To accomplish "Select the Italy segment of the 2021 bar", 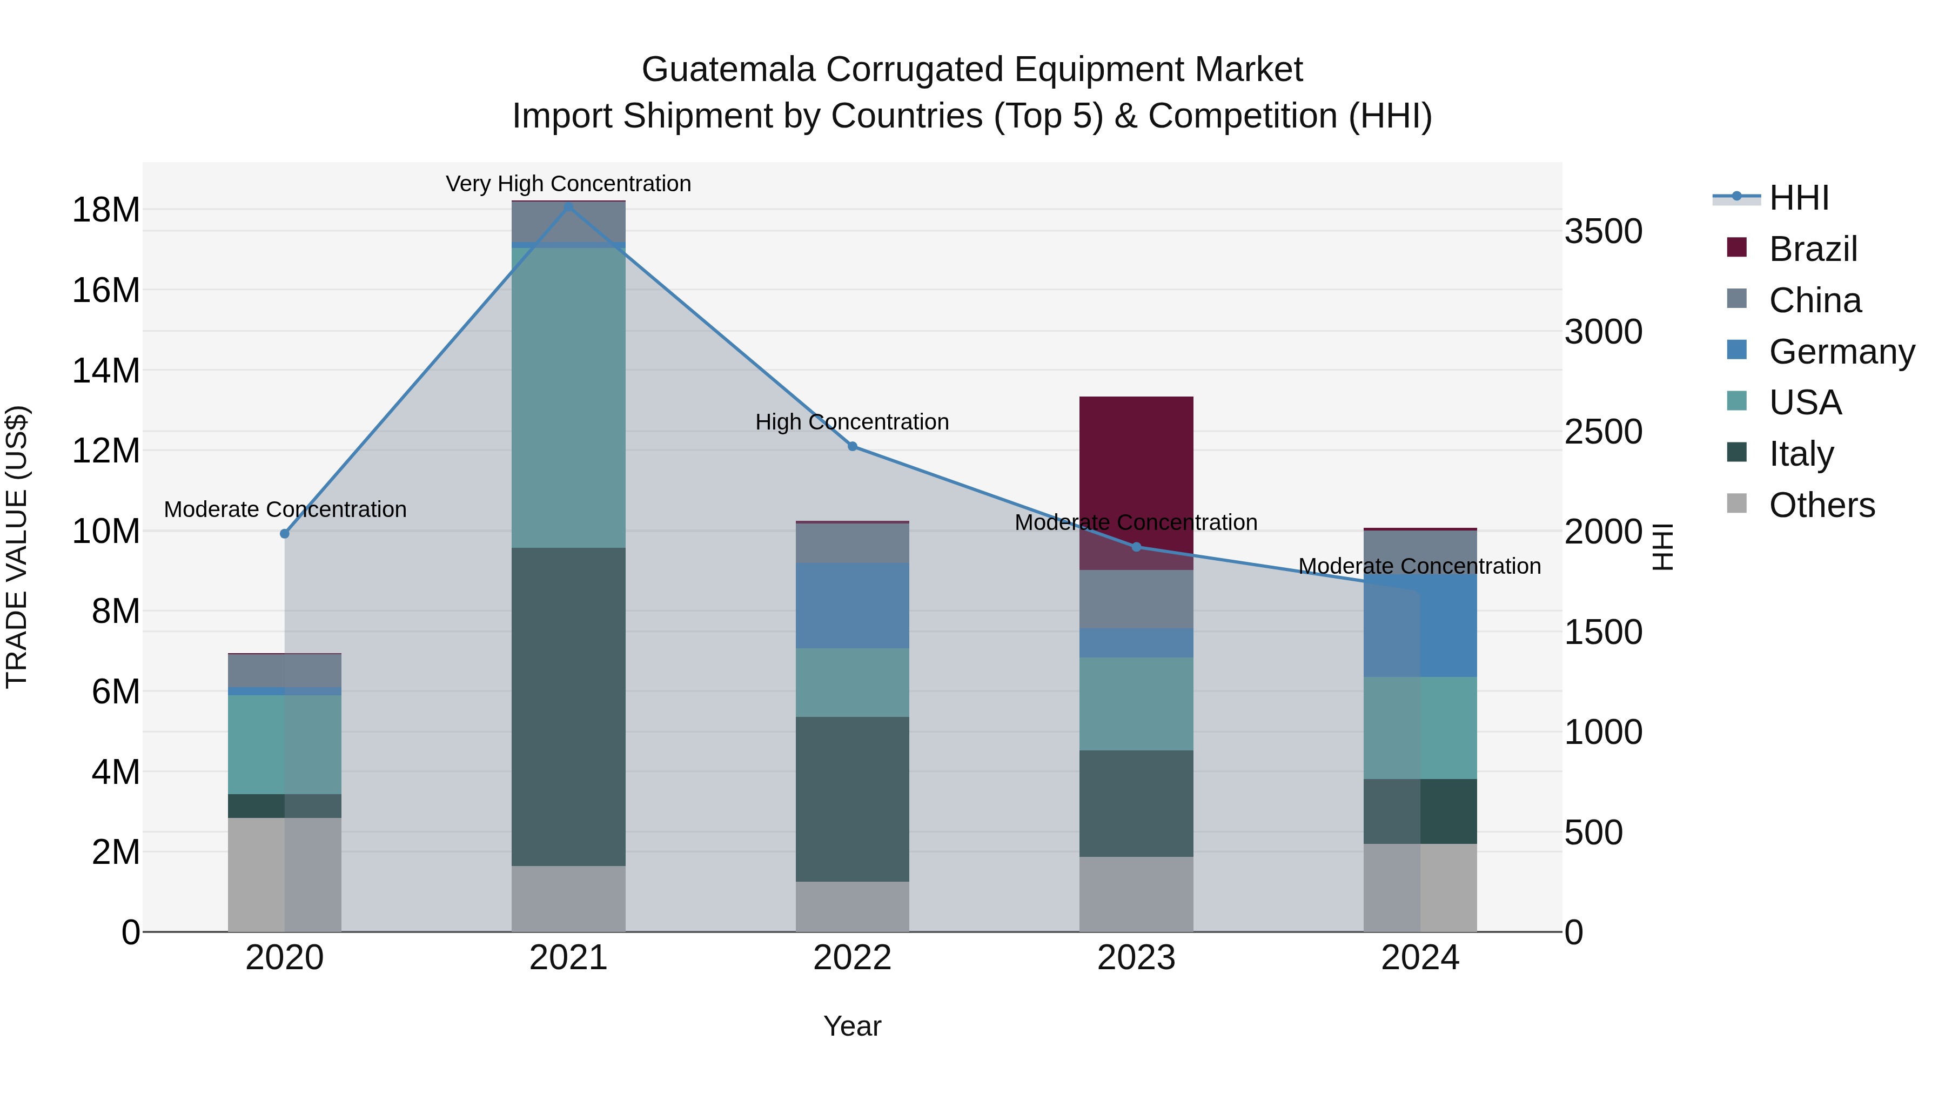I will pos(568,706).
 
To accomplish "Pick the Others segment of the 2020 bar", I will pos(285,874).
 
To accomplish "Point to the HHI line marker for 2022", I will pos(853,446).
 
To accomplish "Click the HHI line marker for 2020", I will pos(285,534).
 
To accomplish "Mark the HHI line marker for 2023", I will pos(1136,547).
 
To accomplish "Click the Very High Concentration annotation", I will pos(568,184).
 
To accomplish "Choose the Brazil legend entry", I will pos(1812,249).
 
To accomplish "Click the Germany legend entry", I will pos(1841,352).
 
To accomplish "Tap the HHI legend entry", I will pos(1799,198).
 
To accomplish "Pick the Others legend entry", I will pos(1821,505).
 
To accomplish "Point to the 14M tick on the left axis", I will pos(106,371).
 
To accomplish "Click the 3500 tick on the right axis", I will pos(1603,231).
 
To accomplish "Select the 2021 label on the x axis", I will pos(568,958).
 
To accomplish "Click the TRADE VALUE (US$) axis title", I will pos(17,547).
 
